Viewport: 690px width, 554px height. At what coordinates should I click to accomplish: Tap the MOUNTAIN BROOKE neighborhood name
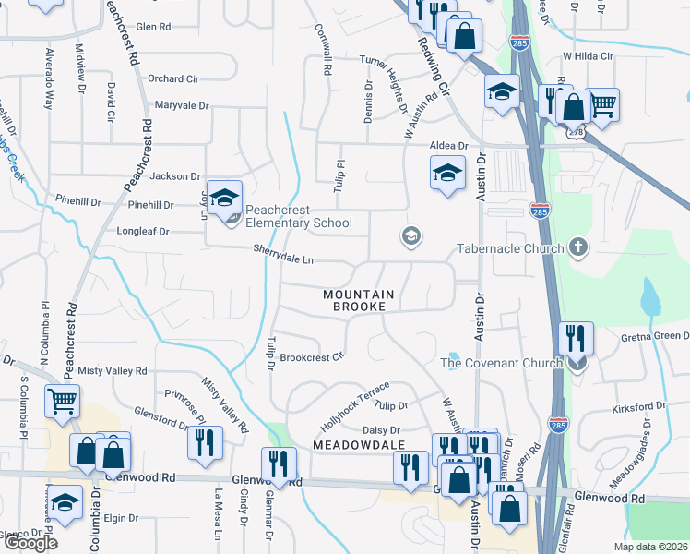click(x=359, y=300)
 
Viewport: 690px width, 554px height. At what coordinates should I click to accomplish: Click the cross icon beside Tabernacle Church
click(x=577, y=247)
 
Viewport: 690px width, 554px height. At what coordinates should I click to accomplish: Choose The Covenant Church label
click(x=501, y=363)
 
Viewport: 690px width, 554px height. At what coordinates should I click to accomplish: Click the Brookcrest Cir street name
click(x=312, y=356)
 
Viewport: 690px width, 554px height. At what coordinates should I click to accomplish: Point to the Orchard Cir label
click(x=172, y=78)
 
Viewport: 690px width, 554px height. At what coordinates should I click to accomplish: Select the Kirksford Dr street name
click(x=639, y=407)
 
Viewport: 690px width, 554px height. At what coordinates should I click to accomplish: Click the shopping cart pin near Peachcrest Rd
click(x=63, y=402)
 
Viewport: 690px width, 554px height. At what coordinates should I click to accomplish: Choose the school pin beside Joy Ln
click(x=223, y=198)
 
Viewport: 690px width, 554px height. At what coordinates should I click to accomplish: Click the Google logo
click(x=30, y=543)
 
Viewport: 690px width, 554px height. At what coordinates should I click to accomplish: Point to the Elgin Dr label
click(x=121, y=518)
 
